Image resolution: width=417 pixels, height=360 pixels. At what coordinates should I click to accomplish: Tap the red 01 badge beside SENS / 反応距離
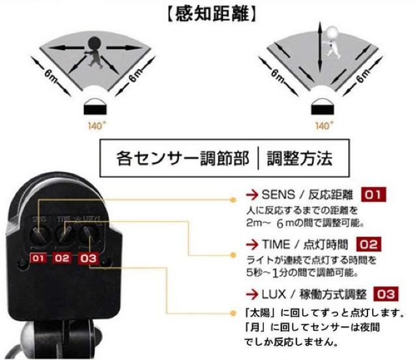pos(374,194)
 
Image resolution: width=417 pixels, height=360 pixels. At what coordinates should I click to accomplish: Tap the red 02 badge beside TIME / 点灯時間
pos(368,245)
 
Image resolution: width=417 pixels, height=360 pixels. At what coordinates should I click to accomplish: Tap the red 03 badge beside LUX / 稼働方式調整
pos(384,294)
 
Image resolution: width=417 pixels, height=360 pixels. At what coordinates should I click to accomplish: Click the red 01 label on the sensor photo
pos(39,258)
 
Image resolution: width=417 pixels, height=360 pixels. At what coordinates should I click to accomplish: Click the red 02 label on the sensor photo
pos(62,258)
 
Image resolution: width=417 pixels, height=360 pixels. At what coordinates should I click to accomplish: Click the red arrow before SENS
pos(251,194)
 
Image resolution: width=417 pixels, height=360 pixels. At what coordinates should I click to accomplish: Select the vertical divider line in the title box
pos(259,158)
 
